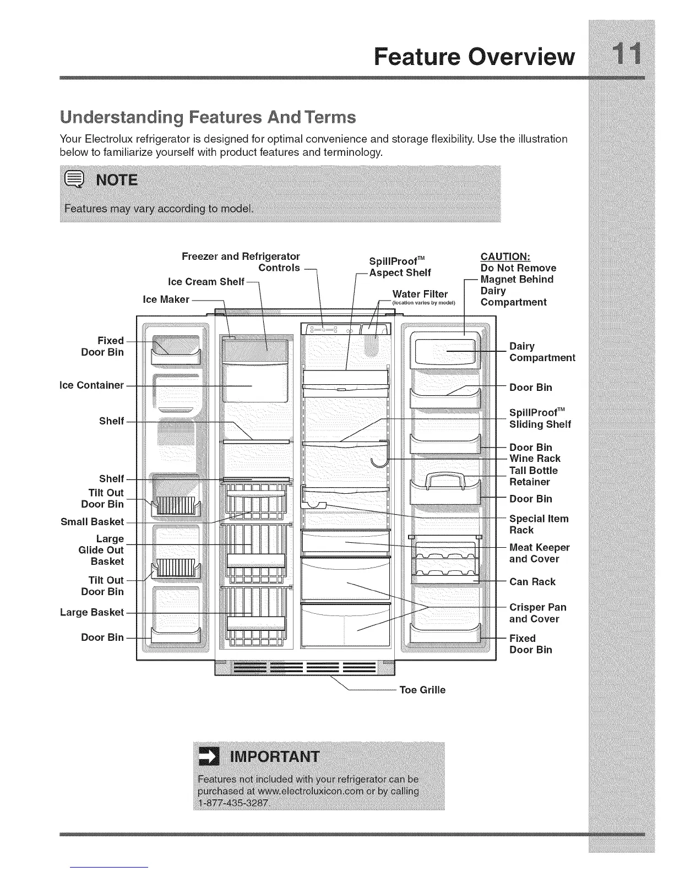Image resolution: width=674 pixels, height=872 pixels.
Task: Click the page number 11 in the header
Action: (x=621, y=56)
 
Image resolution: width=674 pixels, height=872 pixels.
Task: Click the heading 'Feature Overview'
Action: (x=474, y=56)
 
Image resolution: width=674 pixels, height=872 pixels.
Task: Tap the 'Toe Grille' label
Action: (x=422, y=690)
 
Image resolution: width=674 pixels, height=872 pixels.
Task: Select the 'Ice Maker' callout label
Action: (x=166, y=299)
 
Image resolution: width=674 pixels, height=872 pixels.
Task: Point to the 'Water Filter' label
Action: (x=420, y=293)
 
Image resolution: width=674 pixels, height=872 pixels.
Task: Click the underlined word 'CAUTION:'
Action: (x=506, y=257)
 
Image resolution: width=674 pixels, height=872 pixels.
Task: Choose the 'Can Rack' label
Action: (x=532, y=581)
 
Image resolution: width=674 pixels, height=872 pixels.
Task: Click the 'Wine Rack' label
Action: (x=535, y=458)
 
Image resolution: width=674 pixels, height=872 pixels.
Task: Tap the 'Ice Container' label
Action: (x=92, y=385)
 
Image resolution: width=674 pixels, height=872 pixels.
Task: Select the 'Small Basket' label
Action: (x=92, y=521)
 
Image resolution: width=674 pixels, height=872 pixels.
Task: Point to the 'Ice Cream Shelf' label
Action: (x=206, y=282)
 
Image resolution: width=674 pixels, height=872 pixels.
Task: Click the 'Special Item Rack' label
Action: (x=539, y=524)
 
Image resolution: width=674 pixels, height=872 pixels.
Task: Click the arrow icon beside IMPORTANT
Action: (x=209, y=757)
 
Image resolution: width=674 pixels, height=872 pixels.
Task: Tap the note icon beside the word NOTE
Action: (x=74, y=180)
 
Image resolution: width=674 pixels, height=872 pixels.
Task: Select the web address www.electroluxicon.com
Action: (x=307, y=791)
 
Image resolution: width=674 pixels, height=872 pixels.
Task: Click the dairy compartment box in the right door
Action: (x=445, y=351)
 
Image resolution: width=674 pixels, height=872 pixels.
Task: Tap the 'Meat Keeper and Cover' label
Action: (x=539, y=553)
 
